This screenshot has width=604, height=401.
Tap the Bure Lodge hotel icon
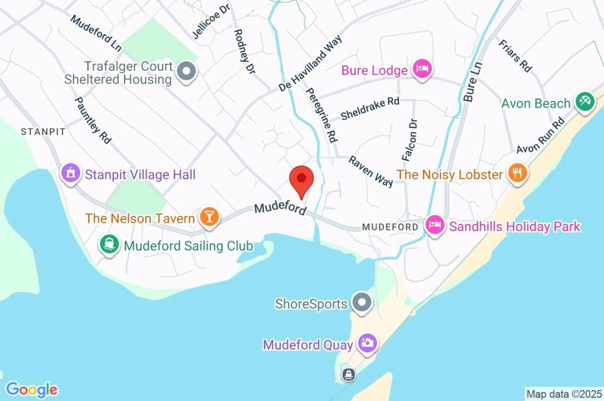point(422,70)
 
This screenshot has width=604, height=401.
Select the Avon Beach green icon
point(584,100)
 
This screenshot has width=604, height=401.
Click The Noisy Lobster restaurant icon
point(518,173)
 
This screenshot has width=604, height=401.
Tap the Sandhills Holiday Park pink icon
point(435,225)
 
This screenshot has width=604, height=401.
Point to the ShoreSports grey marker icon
point(361,303)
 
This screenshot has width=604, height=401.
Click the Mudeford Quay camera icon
point(367,343)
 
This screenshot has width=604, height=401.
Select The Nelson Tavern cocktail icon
point(208,217)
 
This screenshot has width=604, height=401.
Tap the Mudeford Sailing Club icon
point(109,244)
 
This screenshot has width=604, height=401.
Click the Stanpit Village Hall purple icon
point(70,173)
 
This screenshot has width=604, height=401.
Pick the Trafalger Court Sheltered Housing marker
point(186,72)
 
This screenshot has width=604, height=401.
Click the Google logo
point(32,389)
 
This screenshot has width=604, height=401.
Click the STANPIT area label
point(43,132)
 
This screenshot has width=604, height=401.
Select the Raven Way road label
point(370,171)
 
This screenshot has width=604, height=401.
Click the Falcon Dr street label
point(409,140)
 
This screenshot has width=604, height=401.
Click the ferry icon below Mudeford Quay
point(349,374)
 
